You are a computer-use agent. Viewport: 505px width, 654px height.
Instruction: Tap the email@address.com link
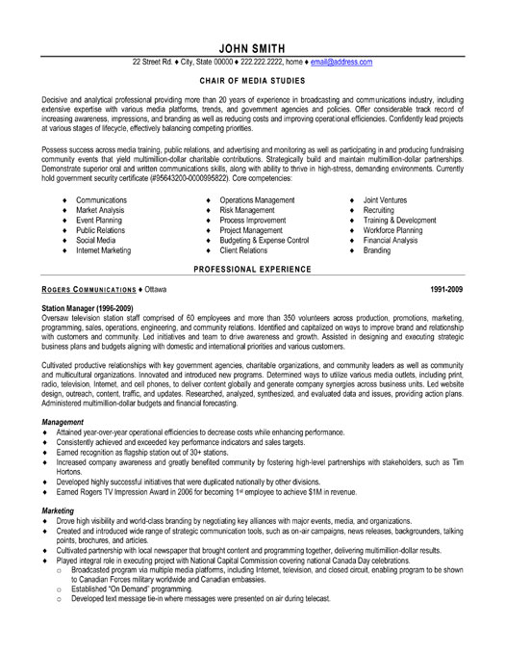(341, 62)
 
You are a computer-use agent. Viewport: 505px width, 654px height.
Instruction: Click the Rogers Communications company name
(86, 287)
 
